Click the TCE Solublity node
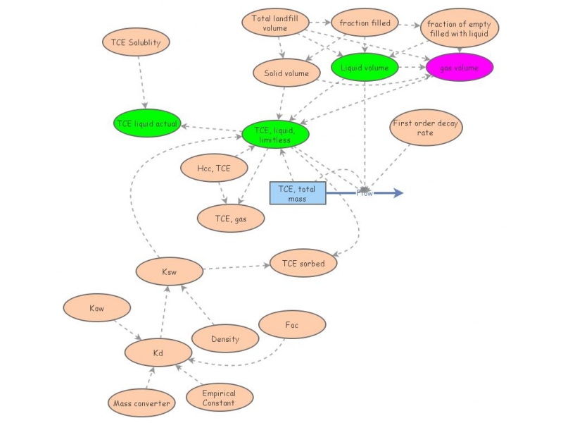[x=136, y=43]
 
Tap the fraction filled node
[x=365, y=23]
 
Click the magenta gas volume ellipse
[x=460, y=68]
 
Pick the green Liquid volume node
[x=365, y=68]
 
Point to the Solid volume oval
[x=286, y=73]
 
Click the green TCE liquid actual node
[x=146, y=123]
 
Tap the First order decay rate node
[x=425, y=128]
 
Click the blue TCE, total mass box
[x=298, y=192]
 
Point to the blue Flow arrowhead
[x=398, y=192]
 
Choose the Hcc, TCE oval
[x=214, y=168]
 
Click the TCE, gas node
[x=230, y=219]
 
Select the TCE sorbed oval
[x=303, y=263]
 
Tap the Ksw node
[x=169, y=271]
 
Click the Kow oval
[x=96, y=308]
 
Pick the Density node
[x=225, y=338]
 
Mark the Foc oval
[x=291, y=325]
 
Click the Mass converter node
[x=141, y=403]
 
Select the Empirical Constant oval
[x=219, y=398]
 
